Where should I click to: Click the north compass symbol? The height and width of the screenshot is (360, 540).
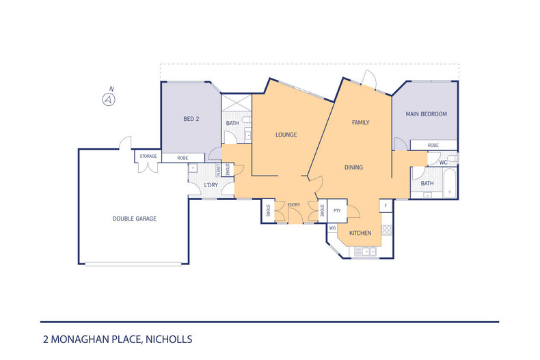click(x=107, y=100)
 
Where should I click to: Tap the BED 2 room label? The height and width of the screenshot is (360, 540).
click(x=191, y=118)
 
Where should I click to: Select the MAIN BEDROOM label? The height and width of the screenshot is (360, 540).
click(x=427, y=114)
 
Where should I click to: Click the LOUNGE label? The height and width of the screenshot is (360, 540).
click(x=286, y=135)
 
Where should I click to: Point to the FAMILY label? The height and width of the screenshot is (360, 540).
click(x=360, y=123)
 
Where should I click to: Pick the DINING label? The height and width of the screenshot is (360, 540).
click(x=353, y=167)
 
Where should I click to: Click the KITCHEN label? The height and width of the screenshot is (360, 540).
click(x=360, y=233)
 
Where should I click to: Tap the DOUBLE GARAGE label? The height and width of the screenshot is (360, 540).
click(x=135, y=219)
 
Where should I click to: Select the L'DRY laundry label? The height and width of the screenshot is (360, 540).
click(x=211, y=186)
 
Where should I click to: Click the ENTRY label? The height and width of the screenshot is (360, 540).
click(x=294, y=205)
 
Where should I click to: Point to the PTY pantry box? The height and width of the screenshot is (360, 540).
click(x=337, y=211)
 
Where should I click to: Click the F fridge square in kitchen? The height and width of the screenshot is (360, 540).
click(x=386, y=206)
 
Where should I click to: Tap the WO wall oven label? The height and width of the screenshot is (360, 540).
click(x=333, y=227)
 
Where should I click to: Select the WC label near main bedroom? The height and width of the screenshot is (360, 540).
click(x=443, y=162)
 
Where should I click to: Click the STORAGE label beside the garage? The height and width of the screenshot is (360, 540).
click(x=148, y=156)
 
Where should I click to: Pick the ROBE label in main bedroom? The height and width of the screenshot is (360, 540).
click(x=433, y=145)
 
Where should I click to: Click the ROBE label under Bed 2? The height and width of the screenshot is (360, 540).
click(x=183, y=157)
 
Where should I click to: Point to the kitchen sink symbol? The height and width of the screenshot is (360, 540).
click(x=367, y=252)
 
